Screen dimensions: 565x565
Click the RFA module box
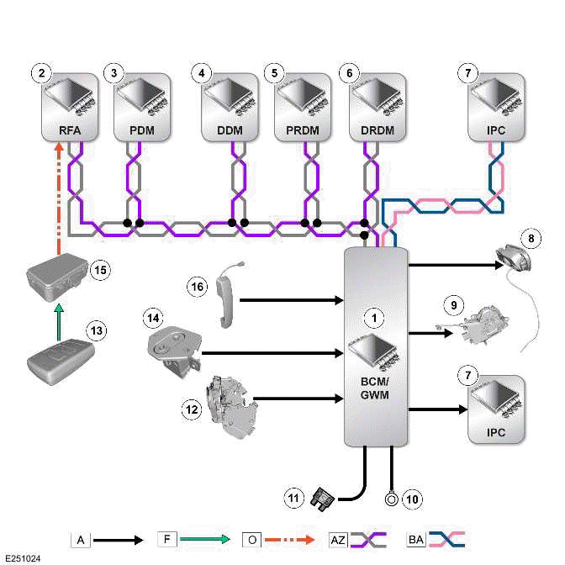pyautogui.click(x=68, y=107)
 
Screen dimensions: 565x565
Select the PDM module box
pyautogui.click(x=142, y=107)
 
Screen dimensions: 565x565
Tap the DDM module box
pyautogui.click(x=230, y=107)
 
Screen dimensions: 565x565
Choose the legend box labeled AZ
pyautogui.click(x=336, y=539)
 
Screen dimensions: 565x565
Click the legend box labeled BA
pyautogui.click(x=415, y=539)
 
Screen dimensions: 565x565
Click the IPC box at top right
pyautogui.click(x=496, y=107)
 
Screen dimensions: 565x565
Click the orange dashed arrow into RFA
pyautogui.click(x=58, y=198)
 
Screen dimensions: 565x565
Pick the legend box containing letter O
pyautogui.click(x=251, y=539)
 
